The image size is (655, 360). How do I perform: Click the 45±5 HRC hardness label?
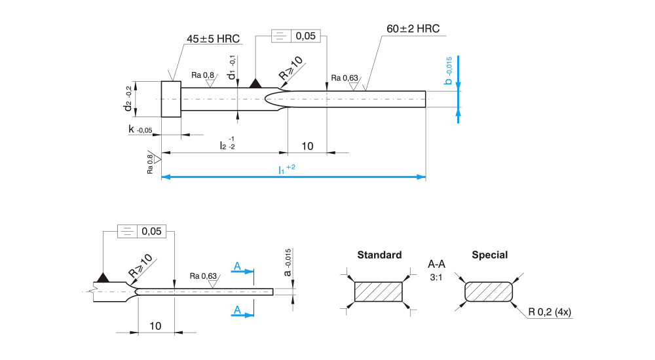[x=213, y=39]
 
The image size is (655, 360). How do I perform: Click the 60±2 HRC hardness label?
[x=413, y=29]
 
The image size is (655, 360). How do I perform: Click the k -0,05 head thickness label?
[x=140, y=130]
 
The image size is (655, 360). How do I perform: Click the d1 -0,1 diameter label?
[x=233, y=68]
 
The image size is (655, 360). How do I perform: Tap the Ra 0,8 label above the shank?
[x=202, y=75]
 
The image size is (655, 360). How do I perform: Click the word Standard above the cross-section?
[x=379, y=255]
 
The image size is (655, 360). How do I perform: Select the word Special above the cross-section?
[x=489, y=255]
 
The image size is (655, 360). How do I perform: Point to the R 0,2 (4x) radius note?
[x=550, y=312]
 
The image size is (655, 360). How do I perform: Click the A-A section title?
[x=436, y=264]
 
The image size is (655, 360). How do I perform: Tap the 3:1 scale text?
[x=436, y=278]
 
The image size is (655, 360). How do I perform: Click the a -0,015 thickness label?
[x=287, y=262]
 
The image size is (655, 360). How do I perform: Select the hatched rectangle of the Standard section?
[x=379, y=292]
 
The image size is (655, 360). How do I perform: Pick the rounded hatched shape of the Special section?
[x=489, y=292]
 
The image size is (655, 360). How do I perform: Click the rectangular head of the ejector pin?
[x=171, y=99]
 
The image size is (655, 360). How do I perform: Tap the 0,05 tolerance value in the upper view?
[x=306, y=36]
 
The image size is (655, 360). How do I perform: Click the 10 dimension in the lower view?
[x=156, y=325]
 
